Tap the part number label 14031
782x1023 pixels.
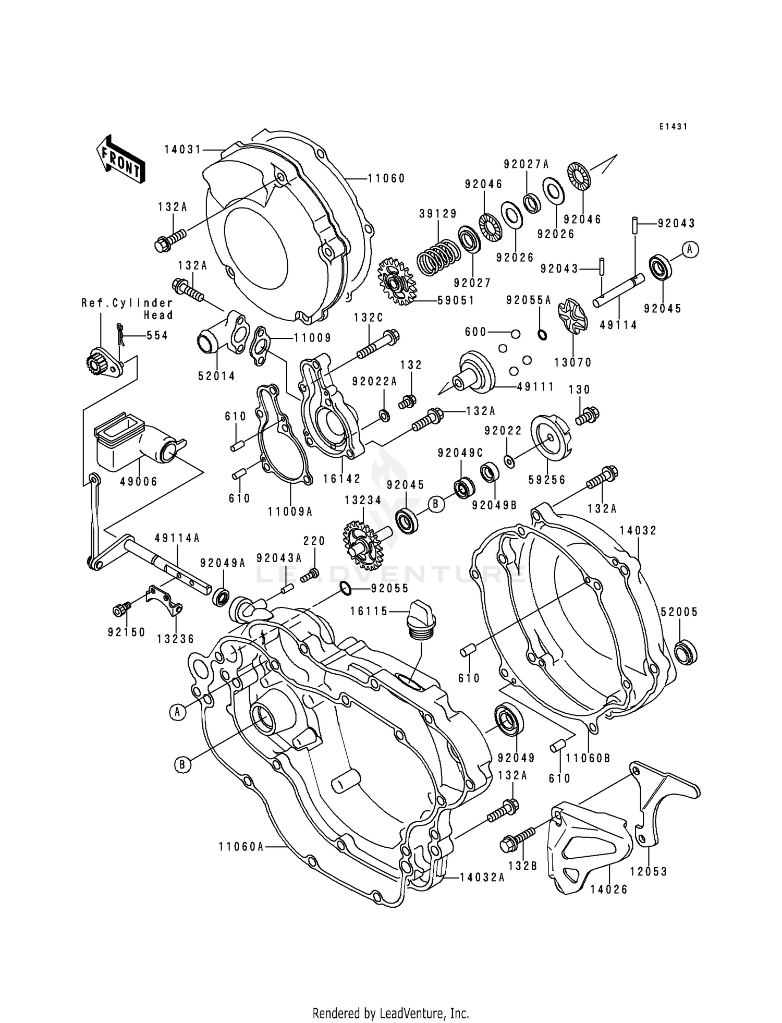point(182,150)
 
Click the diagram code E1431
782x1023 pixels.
point(673,127)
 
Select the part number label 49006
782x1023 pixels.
point(139,482)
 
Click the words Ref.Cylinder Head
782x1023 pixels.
point(127,309)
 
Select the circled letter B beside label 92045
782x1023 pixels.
point(436,504)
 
